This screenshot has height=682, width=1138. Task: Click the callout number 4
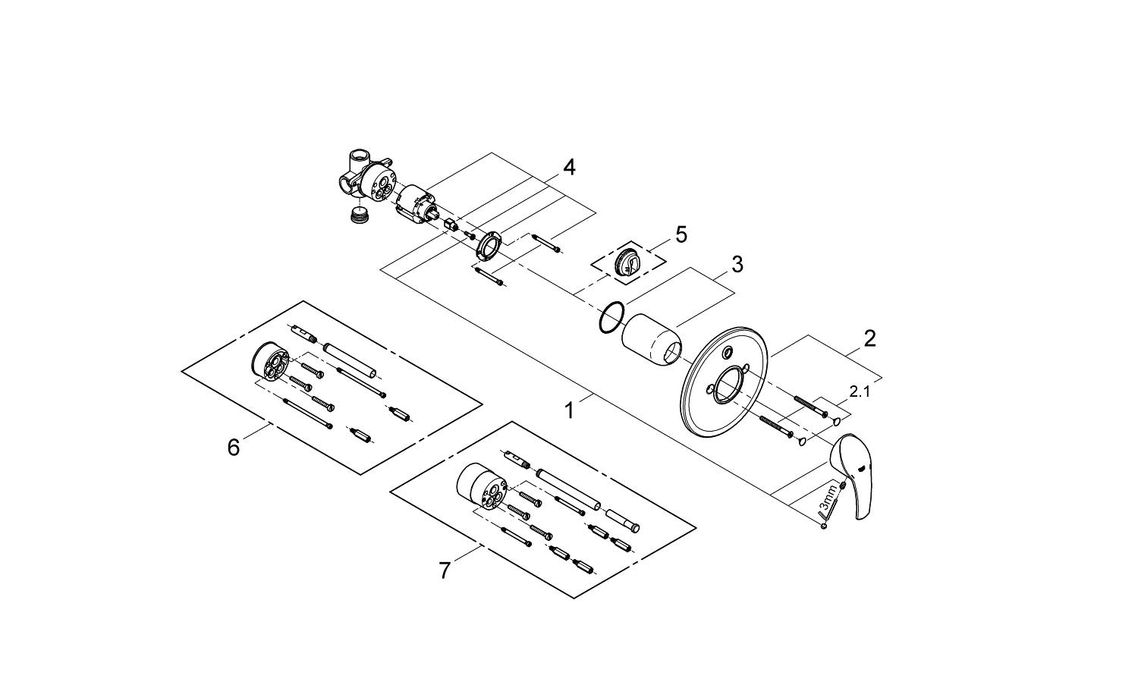click(x=568, y=168)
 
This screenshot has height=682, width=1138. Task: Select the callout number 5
click(x=681, y=235)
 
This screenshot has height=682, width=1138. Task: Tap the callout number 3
click(x=737, y=265)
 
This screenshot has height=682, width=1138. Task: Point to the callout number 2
click(x=869, y=338)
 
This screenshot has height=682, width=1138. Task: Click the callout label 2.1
click(x=860, y=392)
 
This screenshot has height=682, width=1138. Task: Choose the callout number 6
click(x=234, y=448)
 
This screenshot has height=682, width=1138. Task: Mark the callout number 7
click(x=445, y=570)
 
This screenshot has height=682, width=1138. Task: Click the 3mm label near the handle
click(x=829, y=500)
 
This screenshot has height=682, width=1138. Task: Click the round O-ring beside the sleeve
click(x=611, y=317)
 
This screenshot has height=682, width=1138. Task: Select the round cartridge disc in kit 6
click(x=270, y=363)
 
